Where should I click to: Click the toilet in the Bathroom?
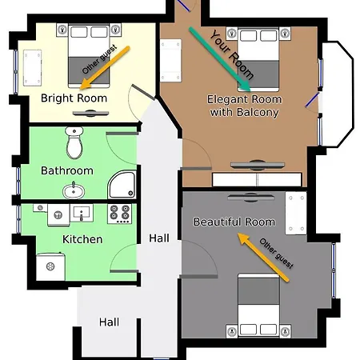[74, 142]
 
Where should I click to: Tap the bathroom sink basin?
[74, 190]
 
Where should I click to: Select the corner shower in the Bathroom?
[122, 185]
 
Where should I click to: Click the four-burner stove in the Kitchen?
[120, 214]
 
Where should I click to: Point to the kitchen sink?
[82, 213]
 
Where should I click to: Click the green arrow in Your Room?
[219, 59]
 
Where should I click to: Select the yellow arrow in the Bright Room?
[105, 67]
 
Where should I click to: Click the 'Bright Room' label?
[74, 98]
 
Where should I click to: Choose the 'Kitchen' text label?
[82, 239]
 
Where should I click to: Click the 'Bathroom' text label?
[67, 170]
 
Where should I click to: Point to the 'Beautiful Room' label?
[234, 222]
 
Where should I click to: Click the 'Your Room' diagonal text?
[231, 54]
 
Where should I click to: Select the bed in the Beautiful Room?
[258, 305]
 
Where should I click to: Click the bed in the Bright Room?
[89, 56]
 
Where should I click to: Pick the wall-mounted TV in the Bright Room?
[90, 114]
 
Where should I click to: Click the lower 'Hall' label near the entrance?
[109, 322]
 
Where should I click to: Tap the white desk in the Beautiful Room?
[296, 214]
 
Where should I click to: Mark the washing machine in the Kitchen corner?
[50, 266]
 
